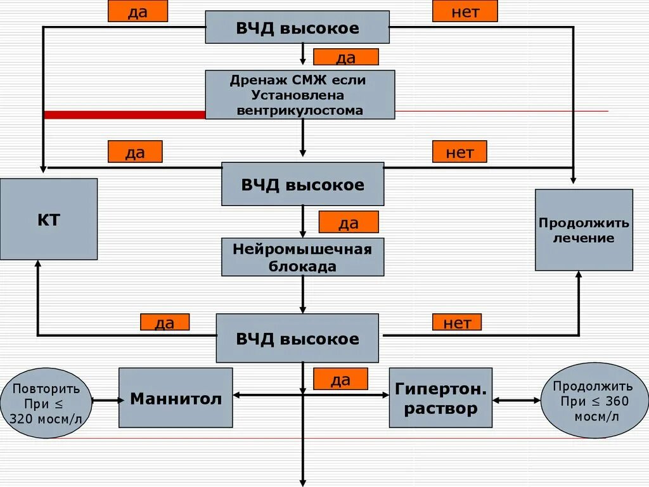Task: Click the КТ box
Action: click(49, 219)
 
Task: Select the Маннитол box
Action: click(176, 398)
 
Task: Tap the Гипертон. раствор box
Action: click(440, 398)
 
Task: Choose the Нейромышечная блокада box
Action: click(302, 257)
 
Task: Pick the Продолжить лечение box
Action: click(584, 230)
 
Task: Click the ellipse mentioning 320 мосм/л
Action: click(46, 403)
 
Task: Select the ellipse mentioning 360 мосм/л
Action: click(594, 401)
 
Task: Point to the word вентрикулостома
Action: click(300, 110)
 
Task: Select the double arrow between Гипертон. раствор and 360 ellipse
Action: click(517, 400)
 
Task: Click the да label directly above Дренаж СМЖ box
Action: click(346, 58)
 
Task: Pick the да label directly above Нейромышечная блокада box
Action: click(349, 223)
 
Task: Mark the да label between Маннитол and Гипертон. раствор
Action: click(340, 379)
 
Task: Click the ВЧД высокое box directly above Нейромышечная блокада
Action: click(302, 185)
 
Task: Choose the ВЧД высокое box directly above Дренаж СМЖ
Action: click(297, 28)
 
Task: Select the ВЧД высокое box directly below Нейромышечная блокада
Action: click(297, 339)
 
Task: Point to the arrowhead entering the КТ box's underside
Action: click(38, 264)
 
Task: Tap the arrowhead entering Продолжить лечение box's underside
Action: click(578, 275)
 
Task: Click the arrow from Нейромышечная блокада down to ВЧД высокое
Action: click(303, 295)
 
